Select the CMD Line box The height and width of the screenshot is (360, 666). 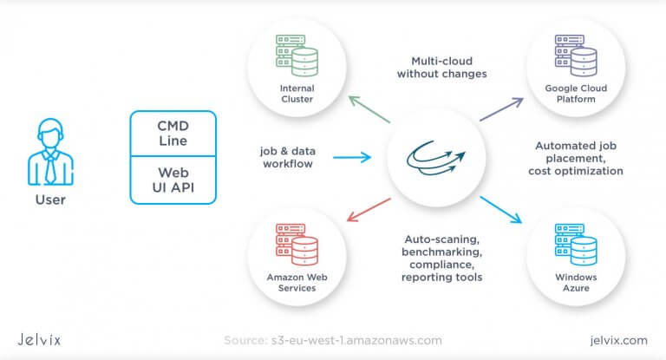pyautogui.click(x=173, y=133)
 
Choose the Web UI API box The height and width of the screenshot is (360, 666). pyautogui.click(x=173, y=180)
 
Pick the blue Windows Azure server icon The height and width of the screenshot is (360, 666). pyautogui.click(x=576, y=248)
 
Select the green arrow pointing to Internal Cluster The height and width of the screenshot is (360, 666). pyautogui.click(x=369, y=114)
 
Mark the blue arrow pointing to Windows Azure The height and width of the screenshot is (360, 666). pyautogui.click(x=502, y=209)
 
